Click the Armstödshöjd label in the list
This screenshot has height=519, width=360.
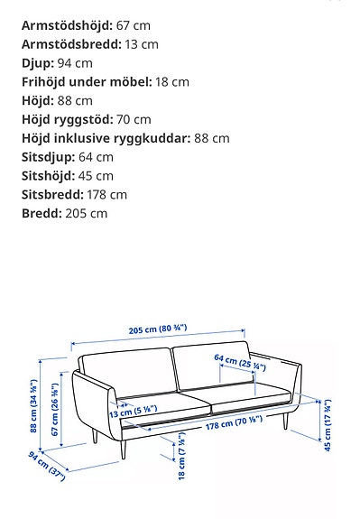pos(64,24)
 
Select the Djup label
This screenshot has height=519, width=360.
pos(37,62)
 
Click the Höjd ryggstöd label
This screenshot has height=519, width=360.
pos(66,119)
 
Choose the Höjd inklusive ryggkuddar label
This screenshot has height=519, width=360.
pos(106,138)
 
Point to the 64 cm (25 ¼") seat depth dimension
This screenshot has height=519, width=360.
pos(239,363)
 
